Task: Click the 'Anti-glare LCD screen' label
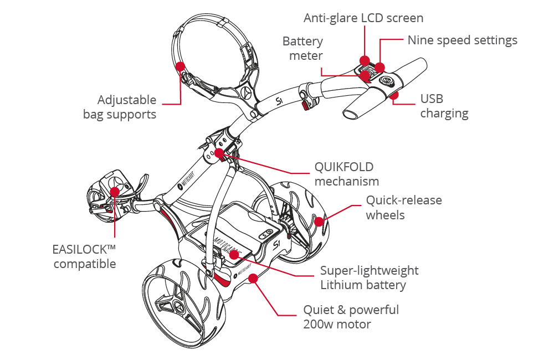point(363,18)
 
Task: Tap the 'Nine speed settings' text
point(462,40)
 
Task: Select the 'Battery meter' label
point(302,49)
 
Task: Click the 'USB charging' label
point(444,106)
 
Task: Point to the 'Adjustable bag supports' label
point(120,107)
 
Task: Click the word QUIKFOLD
point(343,167)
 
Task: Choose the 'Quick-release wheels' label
point(403,208)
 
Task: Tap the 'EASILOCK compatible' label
point(85,256)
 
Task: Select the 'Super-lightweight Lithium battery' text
point(369,278)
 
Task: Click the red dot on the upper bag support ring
point(179,66)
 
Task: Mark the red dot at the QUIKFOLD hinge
point(219,152)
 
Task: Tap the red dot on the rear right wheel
point(320,222)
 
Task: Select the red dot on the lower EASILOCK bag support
point(114,192)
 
